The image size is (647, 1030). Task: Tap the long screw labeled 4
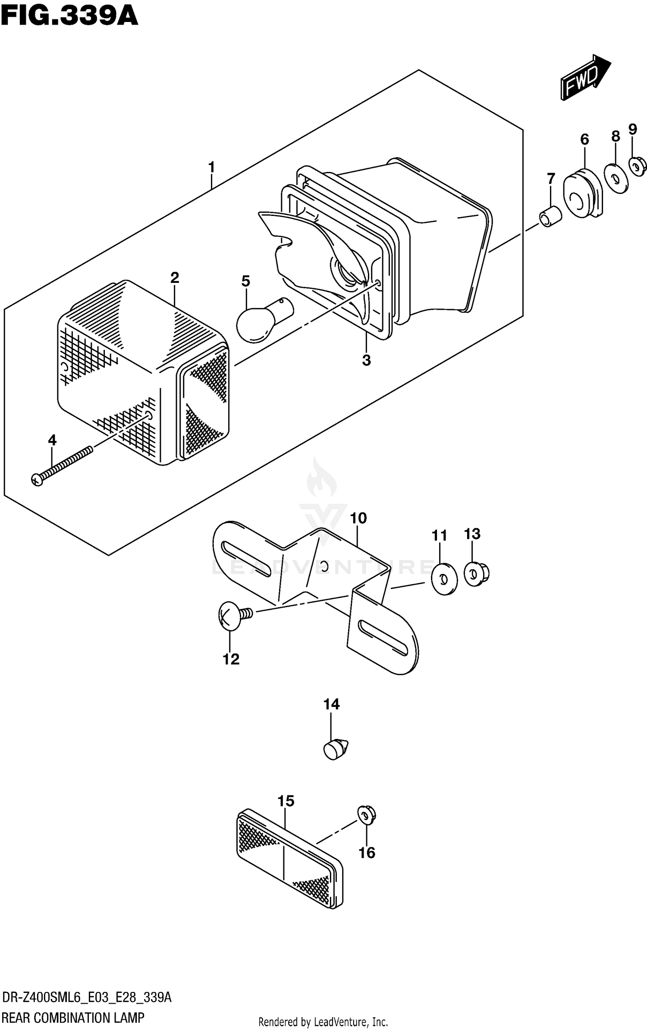(x=63, y=466)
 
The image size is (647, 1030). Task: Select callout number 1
(x=211, y=167)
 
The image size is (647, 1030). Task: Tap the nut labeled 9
(x=638, y=166)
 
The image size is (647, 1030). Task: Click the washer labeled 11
(x=445, y=578)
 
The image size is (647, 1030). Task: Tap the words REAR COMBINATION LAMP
(x=73, y=1017)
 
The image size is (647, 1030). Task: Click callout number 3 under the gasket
(x=366, y=360)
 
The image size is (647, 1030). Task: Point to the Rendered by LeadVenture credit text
(x=323, y=1022)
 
